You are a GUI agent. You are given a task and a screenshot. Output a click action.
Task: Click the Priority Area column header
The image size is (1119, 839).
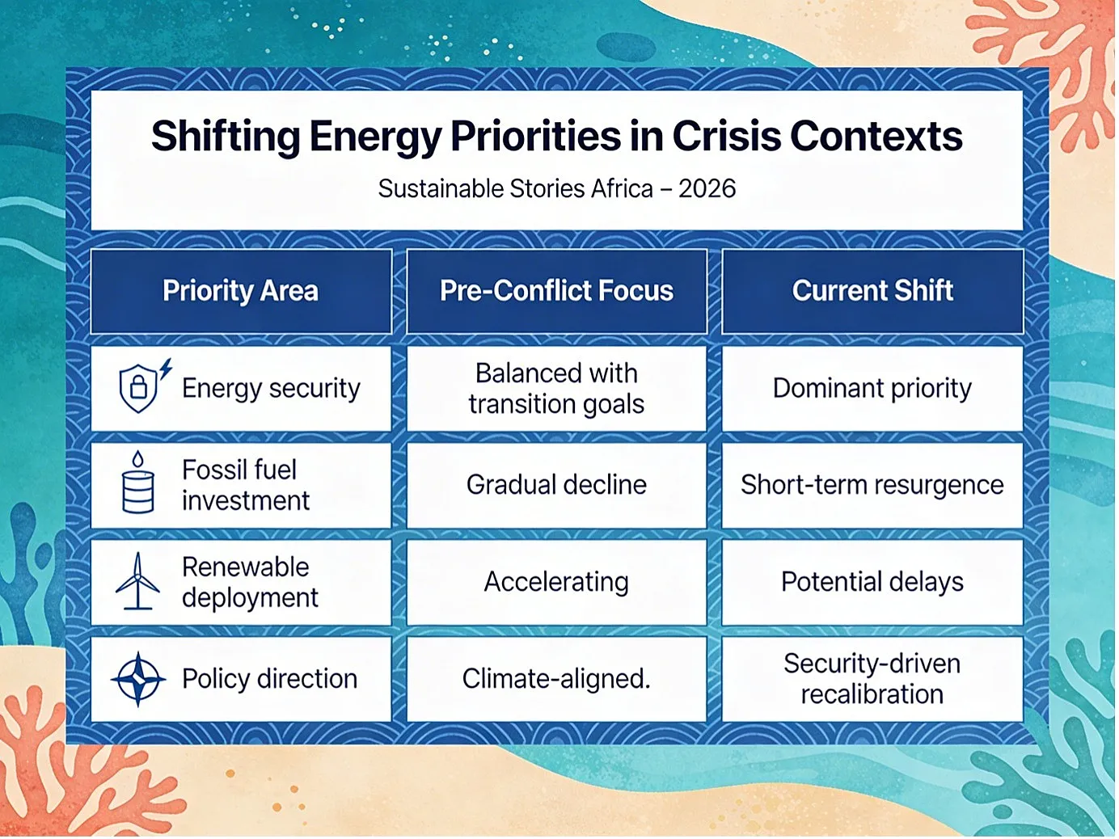[241, 291]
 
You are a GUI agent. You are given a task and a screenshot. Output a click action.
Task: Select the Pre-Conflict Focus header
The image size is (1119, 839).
[557, 291]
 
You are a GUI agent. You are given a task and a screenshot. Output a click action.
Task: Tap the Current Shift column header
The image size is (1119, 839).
[872, 291]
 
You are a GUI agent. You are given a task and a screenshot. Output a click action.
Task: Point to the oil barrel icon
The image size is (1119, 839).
[137, 483]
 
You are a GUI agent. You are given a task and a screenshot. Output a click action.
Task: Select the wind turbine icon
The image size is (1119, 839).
[137, 580]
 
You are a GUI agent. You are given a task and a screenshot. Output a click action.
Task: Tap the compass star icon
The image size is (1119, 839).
[138, 678]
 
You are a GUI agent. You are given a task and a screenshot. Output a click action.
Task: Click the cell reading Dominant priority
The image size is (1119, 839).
[872, 388]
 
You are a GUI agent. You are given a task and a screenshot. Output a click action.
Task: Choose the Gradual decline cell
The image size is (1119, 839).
[557, 485]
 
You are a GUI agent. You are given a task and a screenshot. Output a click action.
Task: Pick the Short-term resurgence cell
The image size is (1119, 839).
[872, 485]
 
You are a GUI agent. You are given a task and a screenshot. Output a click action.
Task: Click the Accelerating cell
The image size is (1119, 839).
[557, 582]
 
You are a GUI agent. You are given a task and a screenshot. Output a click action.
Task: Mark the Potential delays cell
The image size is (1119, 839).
[872, 582]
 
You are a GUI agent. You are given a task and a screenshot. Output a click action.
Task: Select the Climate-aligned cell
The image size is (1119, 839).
[557, 679]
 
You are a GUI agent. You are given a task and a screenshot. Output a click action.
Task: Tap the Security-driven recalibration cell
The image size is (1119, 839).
[872, 679]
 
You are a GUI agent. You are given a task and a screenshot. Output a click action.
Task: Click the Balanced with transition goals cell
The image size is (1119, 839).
[557, 388]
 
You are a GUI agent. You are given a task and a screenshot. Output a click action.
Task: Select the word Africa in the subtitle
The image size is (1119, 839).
[622, 188]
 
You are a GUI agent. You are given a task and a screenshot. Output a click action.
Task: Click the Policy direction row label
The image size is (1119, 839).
[270, 679]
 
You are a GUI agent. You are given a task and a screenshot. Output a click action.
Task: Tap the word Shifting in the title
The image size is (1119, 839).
[226, 137]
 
